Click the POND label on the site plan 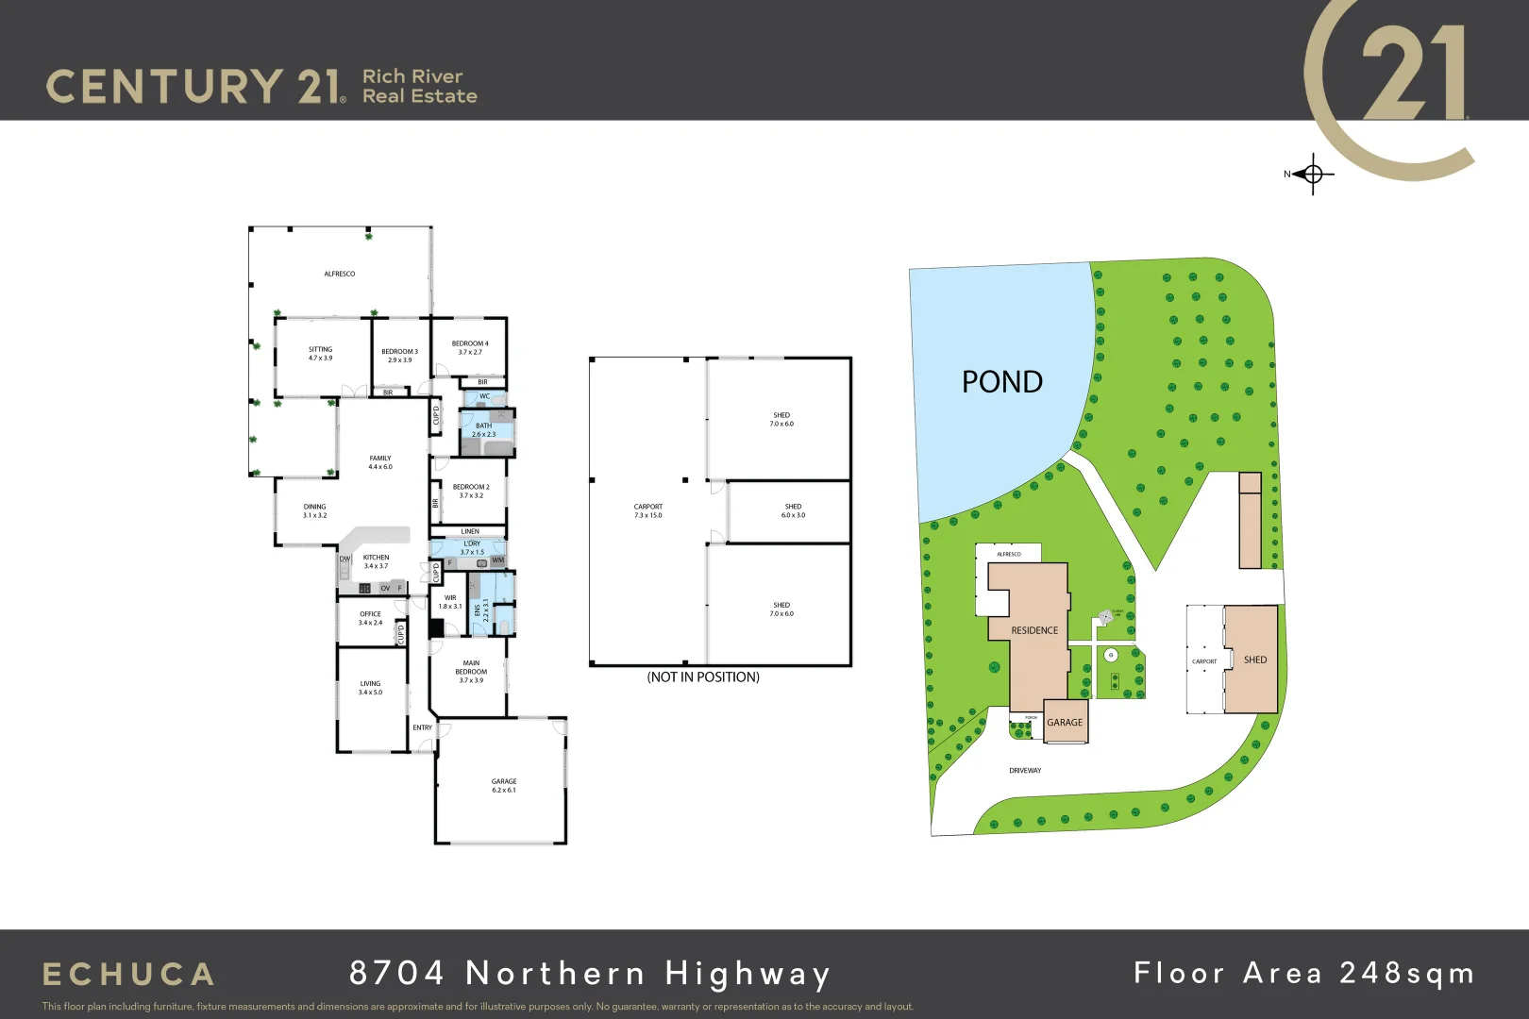tap(1001, 382)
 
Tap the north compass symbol tap(1311, 174)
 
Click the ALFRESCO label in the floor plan tap(340, 274)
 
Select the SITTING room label tap(320, 353)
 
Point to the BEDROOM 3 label tap(399, 355)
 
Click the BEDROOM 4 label tap(470, 347)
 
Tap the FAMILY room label tap(380, 462)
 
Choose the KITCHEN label tap(376, 561)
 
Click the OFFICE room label tap(370, 618)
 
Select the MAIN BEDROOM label tap(471, 671)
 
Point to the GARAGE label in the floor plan tap(504, 785)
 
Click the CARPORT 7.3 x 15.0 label tap(648, 510)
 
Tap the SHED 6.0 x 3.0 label tap(793, 510)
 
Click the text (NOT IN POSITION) tap(703, 677)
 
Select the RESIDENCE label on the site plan tap(1034, 630)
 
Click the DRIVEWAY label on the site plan tap(1025, 771)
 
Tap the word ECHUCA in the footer tap(128, 974)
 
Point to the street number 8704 tap(396, 973)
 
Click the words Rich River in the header tap(412, 76)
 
